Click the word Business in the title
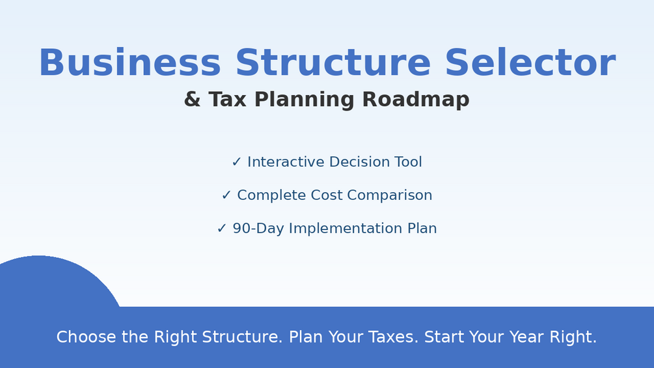(129, 63)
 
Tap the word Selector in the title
(530, 63)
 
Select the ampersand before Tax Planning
(192, 99)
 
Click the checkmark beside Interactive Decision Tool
(236, 162)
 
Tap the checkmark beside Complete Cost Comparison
(226, 195)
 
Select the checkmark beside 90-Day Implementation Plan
(221, 229)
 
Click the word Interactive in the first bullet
(286, 162)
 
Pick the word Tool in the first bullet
(408, 162)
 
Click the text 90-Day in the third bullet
(258, 229)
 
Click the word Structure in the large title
(333, 63)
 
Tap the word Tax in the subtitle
(227, 99)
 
